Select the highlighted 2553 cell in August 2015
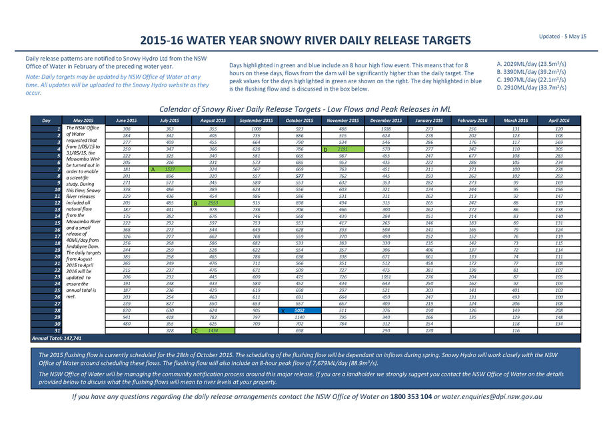[213, 203]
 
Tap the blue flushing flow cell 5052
[299, 310]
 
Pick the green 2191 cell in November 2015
[343, 150]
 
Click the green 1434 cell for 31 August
[213, 330]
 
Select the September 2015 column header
[256, 120]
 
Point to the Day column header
[47, 120]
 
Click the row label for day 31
[59, 330]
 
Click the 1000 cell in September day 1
[256, 128]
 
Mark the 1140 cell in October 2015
[299, 317]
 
